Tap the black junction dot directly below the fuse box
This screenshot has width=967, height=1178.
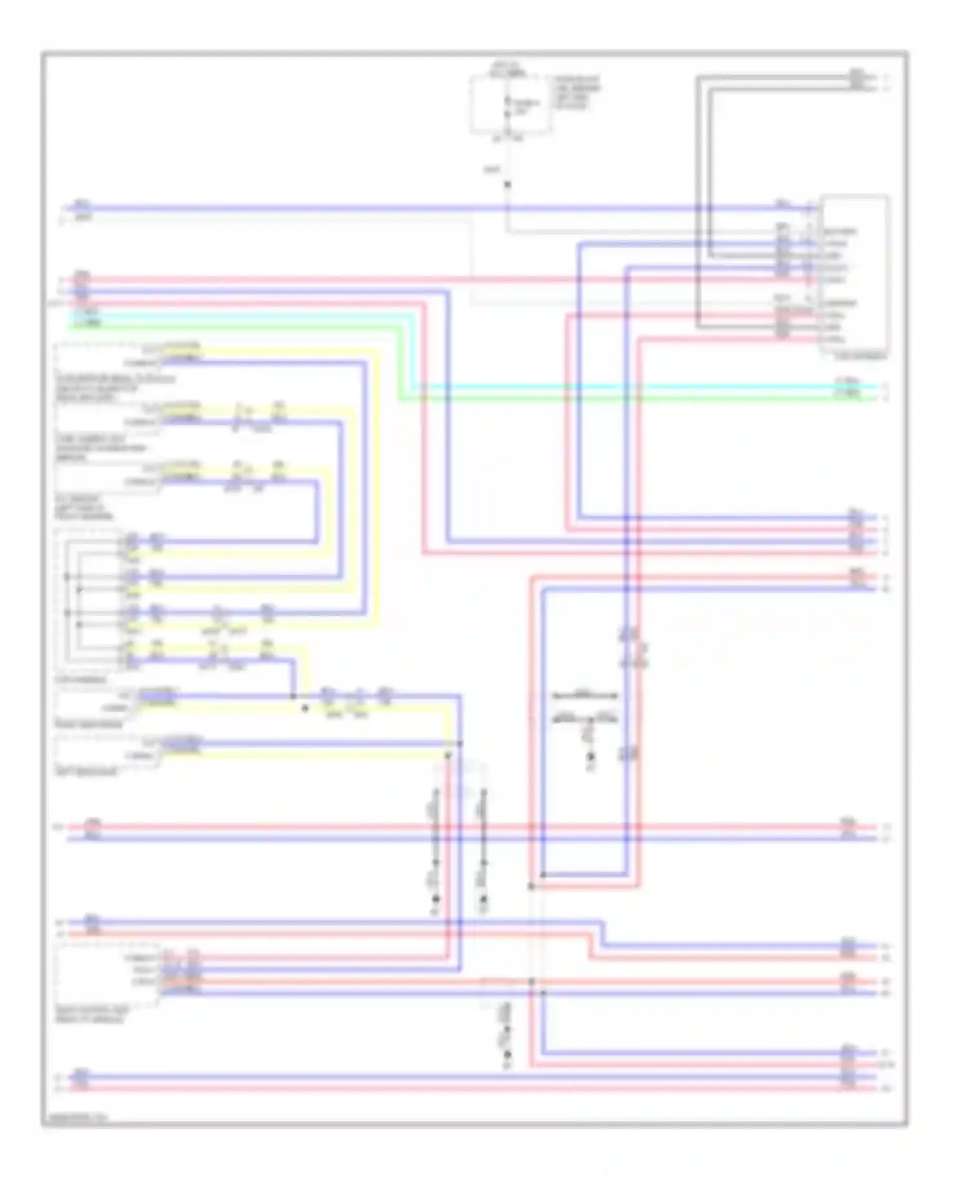[x=507, y=184]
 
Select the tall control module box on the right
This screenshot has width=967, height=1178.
[x=855, y=274]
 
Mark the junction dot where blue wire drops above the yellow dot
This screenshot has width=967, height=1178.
[x=293, y=696]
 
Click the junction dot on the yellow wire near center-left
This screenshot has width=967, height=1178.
[x=306, y=708]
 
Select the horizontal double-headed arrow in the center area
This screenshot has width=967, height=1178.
[x=585, y=695]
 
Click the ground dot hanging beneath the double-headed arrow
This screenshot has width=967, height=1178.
[x=590, y=767]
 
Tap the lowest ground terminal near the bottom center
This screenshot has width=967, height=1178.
[x=507, y=1055]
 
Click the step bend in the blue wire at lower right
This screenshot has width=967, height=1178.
[x=603, y=934]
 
